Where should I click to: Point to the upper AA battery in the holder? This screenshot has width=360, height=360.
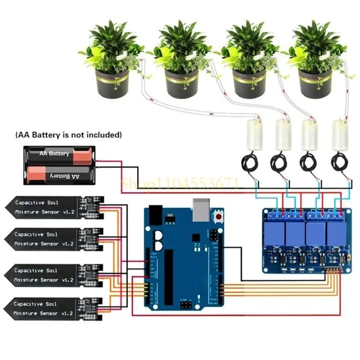[x=60, y=154]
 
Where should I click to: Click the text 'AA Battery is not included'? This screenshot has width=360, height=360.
[x=68, y=135]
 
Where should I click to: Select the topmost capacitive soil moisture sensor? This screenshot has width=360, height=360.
[x=54, y=207]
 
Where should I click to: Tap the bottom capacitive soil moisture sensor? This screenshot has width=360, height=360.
[x=54, y=309]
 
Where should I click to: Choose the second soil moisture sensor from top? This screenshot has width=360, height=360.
[x=54, y=239]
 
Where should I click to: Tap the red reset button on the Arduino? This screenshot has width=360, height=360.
[x=219, y=217]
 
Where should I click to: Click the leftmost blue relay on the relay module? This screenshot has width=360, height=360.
[x=275, y=233]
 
